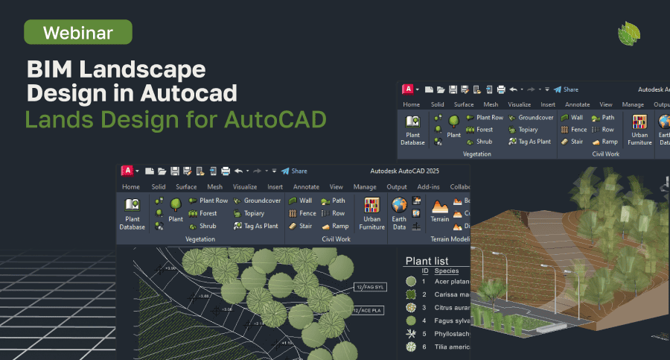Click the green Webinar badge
tap(77, 32)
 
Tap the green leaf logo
tap(629, 34)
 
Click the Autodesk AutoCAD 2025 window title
tap(404, 171)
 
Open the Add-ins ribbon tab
tap(428, 187)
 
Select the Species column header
tap(447, 271)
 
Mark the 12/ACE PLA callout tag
tap(367, 310)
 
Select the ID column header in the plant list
tap(425, 271)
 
